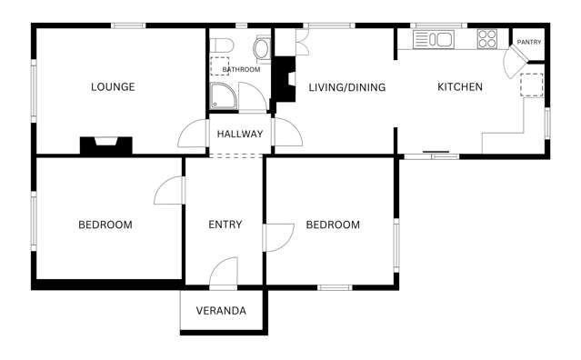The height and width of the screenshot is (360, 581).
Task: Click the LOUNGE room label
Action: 113,87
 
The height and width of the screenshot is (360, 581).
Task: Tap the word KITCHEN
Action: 460,87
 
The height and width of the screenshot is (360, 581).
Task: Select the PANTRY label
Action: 529,42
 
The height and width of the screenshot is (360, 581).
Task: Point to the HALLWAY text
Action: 240,134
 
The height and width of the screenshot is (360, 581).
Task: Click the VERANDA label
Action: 221,311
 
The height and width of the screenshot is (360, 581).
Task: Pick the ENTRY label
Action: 225,225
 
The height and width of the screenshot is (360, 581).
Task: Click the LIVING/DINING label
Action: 347,87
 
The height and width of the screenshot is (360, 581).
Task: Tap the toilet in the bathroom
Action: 222,46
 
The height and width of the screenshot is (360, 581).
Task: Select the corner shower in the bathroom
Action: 224,96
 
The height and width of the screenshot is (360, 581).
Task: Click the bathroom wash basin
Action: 262,48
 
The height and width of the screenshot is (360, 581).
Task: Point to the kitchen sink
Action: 434,39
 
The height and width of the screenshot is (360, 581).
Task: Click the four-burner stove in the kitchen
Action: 487,39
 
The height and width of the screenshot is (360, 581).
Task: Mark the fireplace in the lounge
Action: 106,145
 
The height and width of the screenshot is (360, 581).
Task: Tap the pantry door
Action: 514,61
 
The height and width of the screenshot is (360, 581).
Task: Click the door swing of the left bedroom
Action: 169,190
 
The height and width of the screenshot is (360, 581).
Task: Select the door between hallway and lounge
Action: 193,134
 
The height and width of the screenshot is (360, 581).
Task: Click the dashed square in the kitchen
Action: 532,85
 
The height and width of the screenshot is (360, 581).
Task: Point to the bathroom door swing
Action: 253,97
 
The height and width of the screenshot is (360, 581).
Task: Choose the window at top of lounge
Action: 128,25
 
